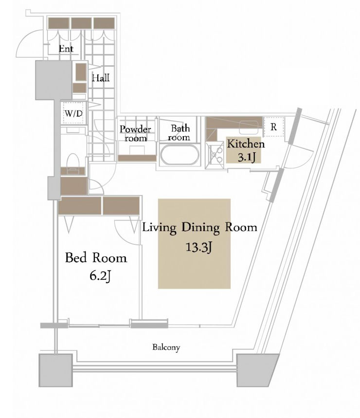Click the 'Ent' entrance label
click(x=66, y=49)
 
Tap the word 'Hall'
click(x=101, y=78)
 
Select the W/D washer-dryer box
click(x=73, y=113)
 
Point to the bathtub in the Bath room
click(x=180, y=155)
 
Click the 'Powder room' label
click(x=135, y=133)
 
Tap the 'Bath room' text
click(x=179, y=132)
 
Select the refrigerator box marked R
click(x=274, y=127)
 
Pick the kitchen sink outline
click(x=248, y=127)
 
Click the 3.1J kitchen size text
click(x=247, y=157)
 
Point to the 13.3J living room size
click(x=199, y=247)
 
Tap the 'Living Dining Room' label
click(x=200, y=227)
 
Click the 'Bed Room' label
click(x=96, y=258)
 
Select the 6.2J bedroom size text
click(x=100, y=276)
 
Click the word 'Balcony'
click(x=166, y=347)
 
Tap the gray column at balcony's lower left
click(x=55, y=370)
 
